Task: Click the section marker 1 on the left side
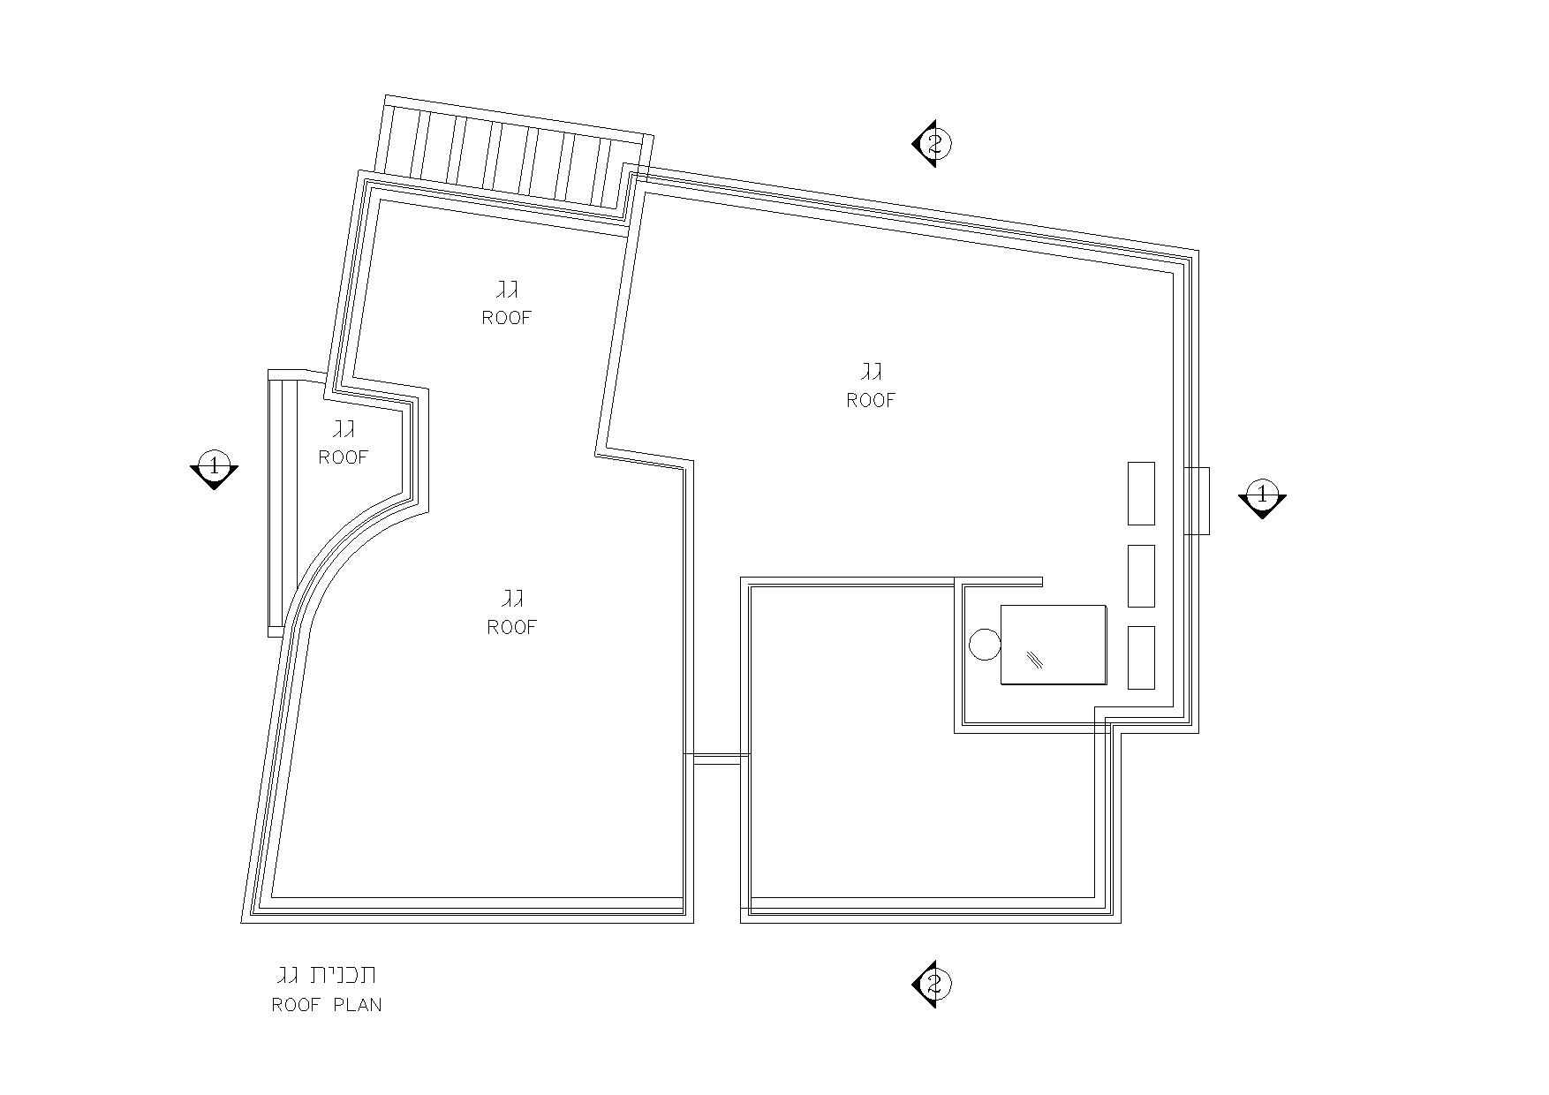pos(214,468)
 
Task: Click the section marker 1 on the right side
pos(1262,497)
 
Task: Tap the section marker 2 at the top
pos(933,143)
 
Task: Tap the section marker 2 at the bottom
pos(933,984)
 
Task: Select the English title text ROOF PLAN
pos(327,1005)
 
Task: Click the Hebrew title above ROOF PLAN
pos(327,975)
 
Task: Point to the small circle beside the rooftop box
pos(985,644)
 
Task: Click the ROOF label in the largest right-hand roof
pos(871,400)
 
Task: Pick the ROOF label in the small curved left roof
pos(344,457)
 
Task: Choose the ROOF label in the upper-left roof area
pos(507,317)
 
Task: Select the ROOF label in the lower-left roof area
pos(512,627)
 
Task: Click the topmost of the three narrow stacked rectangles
pos(1141,493)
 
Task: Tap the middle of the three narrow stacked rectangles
pos(1141,576)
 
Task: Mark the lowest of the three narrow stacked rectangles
pos(1141,657)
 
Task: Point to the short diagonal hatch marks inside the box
pos(1035,659)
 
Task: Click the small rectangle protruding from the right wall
pos(1198,501)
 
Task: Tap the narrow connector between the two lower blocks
pos(717,758)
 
